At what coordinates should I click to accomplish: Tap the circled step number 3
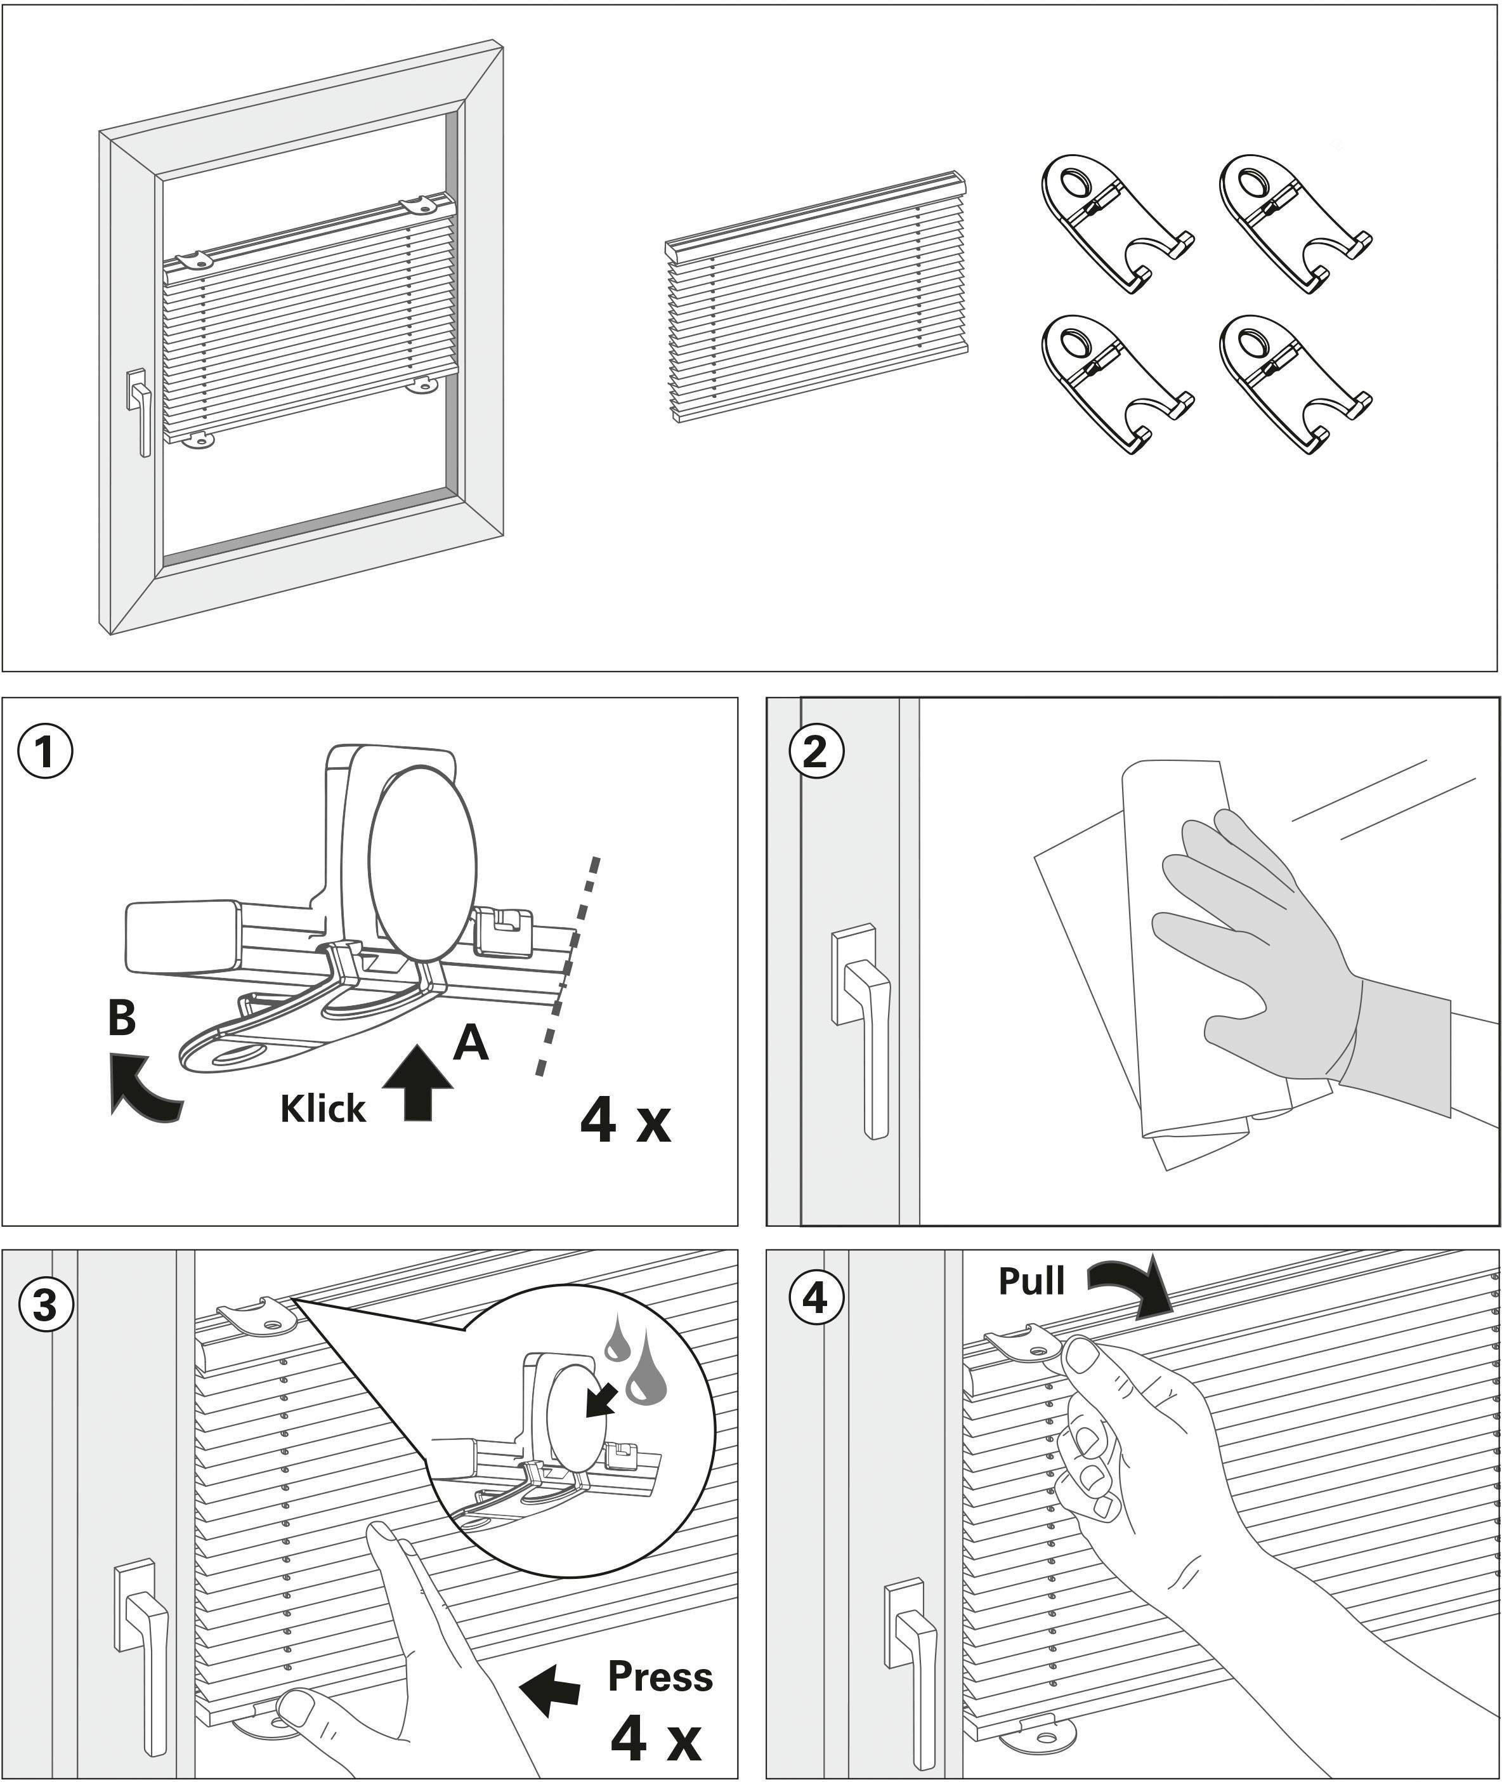tap(45, 1304)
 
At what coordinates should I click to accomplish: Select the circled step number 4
tap(816, 1298)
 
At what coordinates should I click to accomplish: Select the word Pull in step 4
tap(1031, 1280)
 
